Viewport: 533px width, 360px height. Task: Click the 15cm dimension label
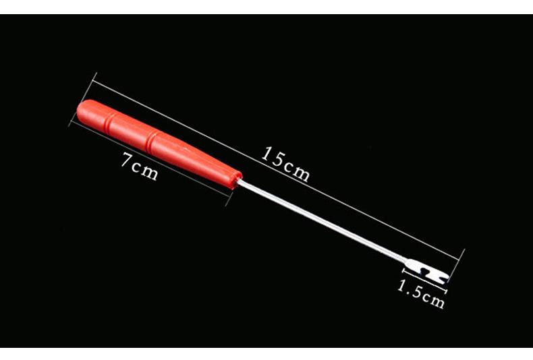(x=285, y=164)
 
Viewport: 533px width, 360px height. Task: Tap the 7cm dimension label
(x=140, y=167)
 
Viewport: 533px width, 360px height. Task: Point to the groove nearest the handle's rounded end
(x=108, y=123)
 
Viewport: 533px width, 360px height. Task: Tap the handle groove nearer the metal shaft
(x=150, y=142)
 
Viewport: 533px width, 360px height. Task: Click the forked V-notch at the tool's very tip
(x=443, y=276)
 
